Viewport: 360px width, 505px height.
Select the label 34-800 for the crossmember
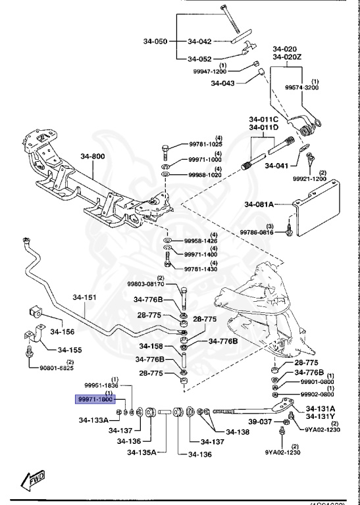click(92, 156)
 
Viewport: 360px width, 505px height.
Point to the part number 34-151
click(84, 297)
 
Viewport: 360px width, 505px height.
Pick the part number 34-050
click(157, 41)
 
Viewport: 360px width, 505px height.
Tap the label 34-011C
click(263, 119)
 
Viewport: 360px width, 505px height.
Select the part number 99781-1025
click(205, 144)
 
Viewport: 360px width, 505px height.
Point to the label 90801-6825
click(57, 369)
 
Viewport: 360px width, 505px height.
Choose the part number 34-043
click(223, 83)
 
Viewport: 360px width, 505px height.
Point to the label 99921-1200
click(309, 178)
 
